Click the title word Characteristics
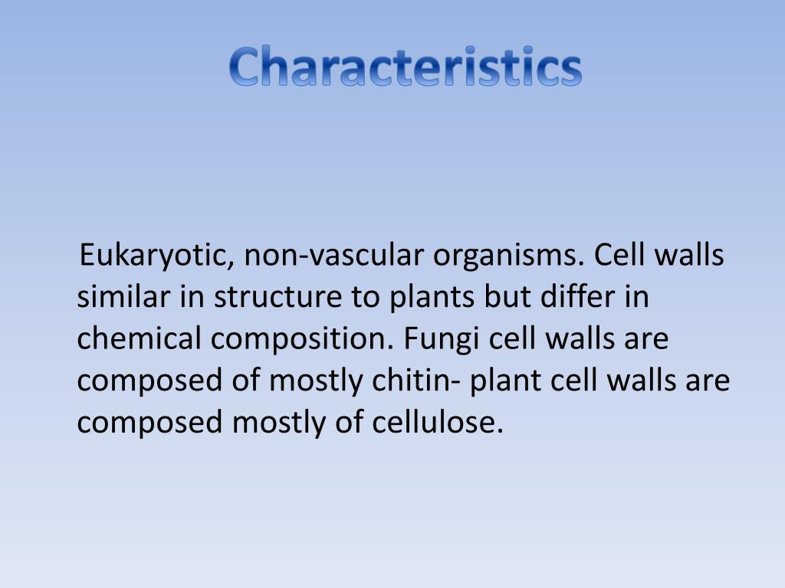pos(406,67)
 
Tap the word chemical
pos(134,338)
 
